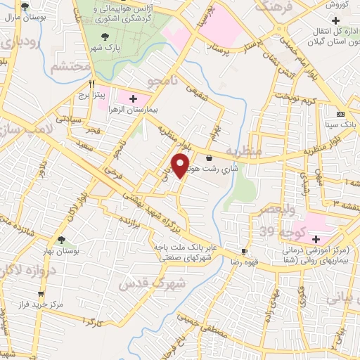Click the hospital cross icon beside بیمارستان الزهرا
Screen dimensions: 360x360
(134, 97)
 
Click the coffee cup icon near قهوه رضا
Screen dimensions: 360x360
(244, 251)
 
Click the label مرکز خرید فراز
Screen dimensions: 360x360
(41, 305)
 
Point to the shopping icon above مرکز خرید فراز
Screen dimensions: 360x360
(41, 294)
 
